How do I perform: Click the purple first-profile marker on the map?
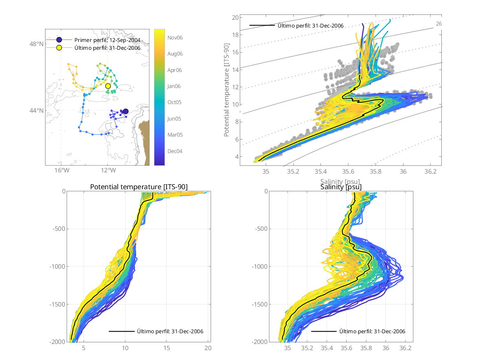[125, 111]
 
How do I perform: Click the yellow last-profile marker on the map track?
[108, 86]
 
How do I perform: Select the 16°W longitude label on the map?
[61, 170]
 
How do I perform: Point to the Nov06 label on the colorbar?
[175, 37]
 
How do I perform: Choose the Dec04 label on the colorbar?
[175, 151]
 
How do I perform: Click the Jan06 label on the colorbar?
[175, 86]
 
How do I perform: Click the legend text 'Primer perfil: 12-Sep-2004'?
[107, 40]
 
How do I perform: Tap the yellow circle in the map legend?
[59, 48]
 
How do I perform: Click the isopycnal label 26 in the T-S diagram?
[439, 24]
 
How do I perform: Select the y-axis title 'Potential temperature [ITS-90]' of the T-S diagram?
[227, 92]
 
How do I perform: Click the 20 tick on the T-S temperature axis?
[236, 18]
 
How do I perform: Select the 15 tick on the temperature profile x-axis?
[167, 348]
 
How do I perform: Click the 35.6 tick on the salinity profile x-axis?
[346, 348]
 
